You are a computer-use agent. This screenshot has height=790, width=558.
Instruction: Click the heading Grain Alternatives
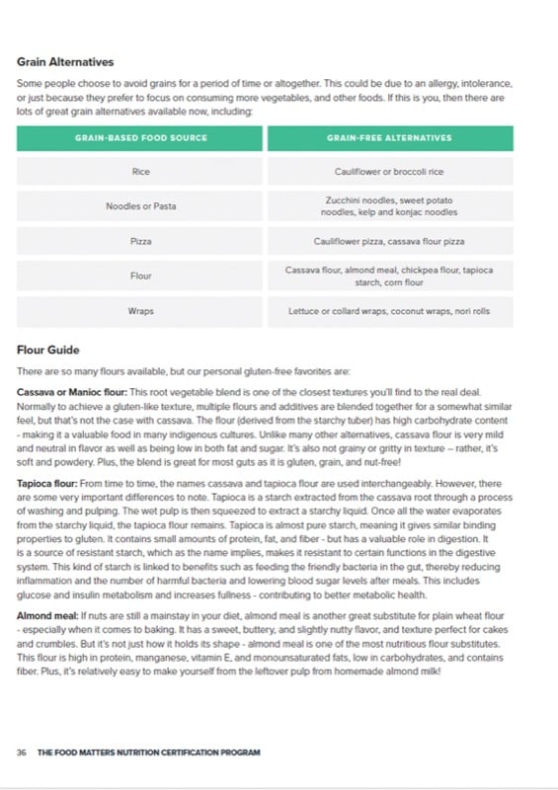pos(65,62)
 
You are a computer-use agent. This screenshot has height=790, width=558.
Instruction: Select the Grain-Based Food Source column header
pos(140,138)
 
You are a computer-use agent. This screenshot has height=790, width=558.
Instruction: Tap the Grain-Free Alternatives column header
pos(389,138)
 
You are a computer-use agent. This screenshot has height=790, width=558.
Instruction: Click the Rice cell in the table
pos(140,172)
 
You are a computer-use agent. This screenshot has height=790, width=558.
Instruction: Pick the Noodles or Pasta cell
pos(140,206)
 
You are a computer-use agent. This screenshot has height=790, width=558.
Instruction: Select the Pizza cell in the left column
pos(140,241)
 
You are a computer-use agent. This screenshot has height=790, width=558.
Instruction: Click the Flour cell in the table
pos(140,276)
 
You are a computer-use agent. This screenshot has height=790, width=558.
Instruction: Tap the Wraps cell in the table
pos(140,311)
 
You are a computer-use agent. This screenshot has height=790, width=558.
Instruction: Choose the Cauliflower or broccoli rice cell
pos(389,172)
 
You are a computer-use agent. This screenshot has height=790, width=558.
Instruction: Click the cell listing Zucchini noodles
pos(389,206)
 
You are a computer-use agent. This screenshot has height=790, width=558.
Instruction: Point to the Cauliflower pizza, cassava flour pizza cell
pos(389,241)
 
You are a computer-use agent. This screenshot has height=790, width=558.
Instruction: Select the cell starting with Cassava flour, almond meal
pos(389,276)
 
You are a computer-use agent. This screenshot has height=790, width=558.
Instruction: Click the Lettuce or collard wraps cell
pos(389,311)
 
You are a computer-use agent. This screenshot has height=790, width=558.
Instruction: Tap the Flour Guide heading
pos(48,350)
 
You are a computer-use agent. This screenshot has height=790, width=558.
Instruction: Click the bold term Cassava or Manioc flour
pos(65,392)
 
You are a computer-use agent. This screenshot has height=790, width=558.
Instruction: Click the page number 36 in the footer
pos(22,752)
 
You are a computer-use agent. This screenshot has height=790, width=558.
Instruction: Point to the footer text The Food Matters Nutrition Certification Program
pos(149,752)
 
